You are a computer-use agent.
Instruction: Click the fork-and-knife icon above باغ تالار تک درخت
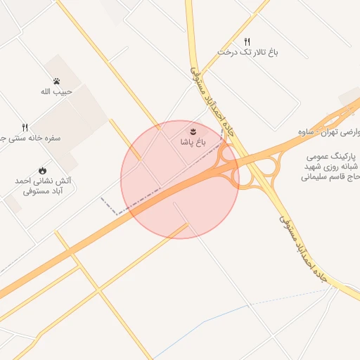pos(247,41)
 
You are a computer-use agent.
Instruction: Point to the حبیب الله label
pos(54,91)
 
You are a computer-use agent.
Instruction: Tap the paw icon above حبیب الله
pos(55,81)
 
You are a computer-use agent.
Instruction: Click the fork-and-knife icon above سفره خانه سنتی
pos(25,127)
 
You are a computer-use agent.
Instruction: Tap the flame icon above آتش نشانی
pos(42,170)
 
